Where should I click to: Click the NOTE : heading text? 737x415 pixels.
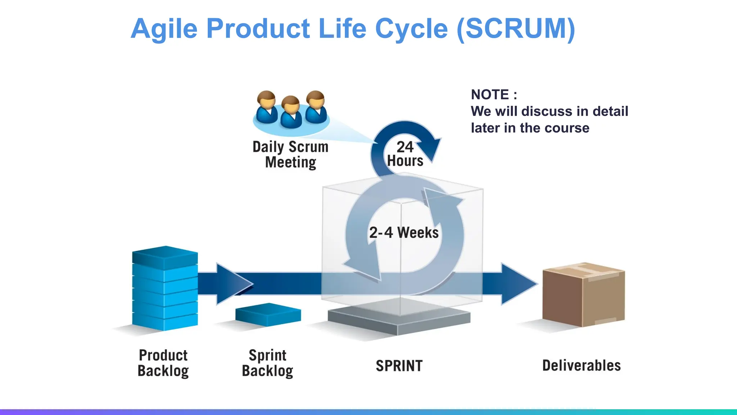494,95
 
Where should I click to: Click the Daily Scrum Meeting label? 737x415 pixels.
290,155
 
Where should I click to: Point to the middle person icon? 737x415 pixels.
291,112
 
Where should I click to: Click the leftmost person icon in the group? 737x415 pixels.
266,107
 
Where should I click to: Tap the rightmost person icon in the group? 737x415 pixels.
316,107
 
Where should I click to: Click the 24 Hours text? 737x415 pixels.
405,154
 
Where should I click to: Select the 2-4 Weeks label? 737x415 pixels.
404,233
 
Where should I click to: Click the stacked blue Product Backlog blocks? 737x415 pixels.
165,288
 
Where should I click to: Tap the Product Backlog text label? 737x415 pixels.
163,363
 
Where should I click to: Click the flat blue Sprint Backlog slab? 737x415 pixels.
268,314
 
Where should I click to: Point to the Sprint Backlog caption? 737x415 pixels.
267,363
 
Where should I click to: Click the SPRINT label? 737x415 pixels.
399,366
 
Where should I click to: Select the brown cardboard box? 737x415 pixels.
583,295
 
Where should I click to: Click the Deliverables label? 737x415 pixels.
581,366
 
